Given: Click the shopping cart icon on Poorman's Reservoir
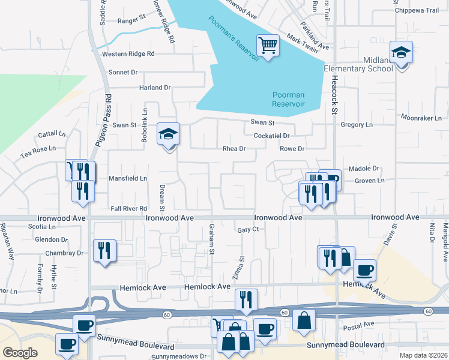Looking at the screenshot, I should pyautogui.click(x=268, y=45).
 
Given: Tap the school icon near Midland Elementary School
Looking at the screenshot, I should pyautogui.click(x=401, y=53).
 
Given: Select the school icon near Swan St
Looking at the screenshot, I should pyautogui.click(x=169, y=134).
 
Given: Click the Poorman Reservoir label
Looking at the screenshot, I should pyautogui.click(x=288, y=99).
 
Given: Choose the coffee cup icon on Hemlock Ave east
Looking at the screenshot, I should pyautogui.click(x=364, y=270).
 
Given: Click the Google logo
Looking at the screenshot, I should pyautogui.click(x=20, y=352).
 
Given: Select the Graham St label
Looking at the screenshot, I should pyautogui.click(x=211, y=238).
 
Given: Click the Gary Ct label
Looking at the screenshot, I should pyautogui.click(x=247, y=229).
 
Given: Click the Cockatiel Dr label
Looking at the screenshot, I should pyautogui.click(x=272, y=136).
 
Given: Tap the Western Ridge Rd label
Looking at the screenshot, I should pyautogui.click(x=128, y=53).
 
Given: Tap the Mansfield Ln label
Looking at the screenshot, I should pyautogui.click(x=127, y=178).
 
